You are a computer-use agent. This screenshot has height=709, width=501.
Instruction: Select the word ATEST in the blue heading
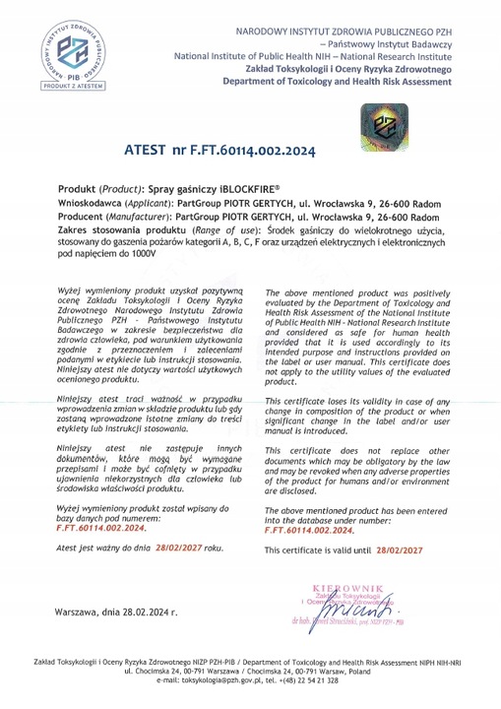coord(148,153)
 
